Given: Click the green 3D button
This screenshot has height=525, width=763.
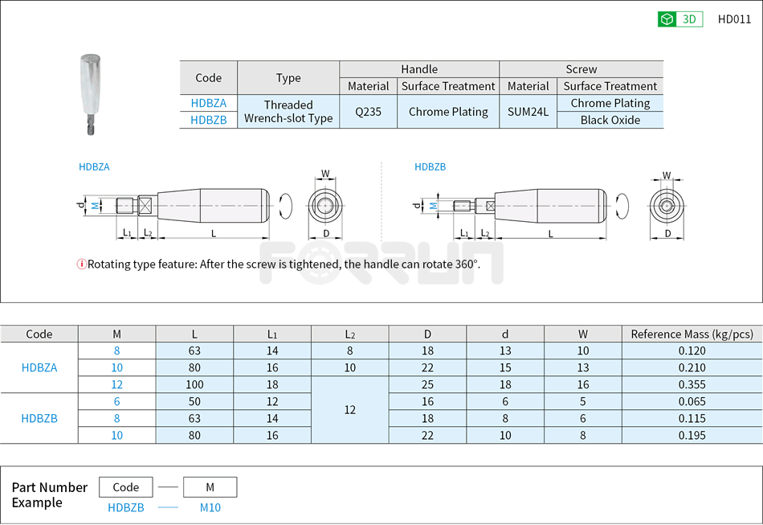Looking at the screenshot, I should (x=679, y=19).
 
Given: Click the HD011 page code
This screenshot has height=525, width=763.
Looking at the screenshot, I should (x=734, y=19).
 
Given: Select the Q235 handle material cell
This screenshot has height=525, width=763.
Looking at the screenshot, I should (x=369, y=112).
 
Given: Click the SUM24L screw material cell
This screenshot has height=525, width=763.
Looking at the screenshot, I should (x=528, y=112).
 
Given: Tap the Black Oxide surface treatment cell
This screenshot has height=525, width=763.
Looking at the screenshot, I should (x=610, y=120).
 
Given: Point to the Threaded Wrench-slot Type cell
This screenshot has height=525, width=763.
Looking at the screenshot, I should (x=288, y=112).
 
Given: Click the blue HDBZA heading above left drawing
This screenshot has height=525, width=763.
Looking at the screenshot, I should (x=94, y=167).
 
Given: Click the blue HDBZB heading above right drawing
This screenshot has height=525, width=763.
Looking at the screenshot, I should (x=430, y=167).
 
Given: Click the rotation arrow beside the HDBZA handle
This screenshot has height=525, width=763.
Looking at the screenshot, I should (x=283, y=207).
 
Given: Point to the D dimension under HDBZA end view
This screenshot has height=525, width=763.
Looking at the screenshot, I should (x=326, y=233).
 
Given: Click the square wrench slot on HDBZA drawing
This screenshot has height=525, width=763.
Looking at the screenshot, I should (x=146, y=206).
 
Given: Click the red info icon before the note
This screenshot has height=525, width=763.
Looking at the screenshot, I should (x=81, y=265).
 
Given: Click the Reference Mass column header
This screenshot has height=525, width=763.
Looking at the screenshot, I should (x=692, y=334).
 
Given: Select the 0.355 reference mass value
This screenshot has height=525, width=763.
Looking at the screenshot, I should (x=692, y=384).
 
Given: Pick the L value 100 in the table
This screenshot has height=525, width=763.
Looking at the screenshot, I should (x=194, y=384).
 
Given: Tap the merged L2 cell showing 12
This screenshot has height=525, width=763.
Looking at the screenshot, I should (x=349, y=409).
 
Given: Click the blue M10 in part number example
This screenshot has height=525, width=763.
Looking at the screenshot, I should (x=210, y=507).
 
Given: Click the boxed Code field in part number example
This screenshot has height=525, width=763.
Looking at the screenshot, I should (x=126, y=487).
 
